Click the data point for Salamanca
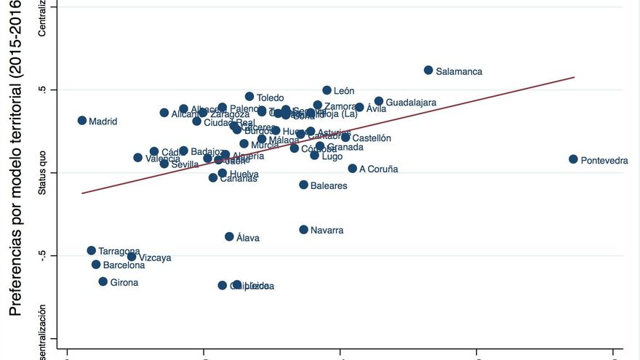click(x=428, y=71)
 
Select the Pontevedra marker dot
click(x=573, y=159)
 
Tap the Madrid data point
click(x=82, y=121)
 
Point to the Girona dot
click(x=103, y=281)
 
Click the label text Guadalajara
click(x=411, y=103)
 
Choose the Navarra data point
click(x=304, y=230)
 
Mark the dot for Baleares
click(x=304, y=185)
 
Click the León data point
click(x=327, y=90)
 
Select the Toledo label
click(x=270, y=97)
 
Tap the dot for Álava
click(x=230, y=236)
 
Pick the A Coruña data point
click(x=353, y=168)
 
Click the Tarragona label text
click(x=119, y=251)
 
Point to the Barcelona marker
click(x=96, y=265)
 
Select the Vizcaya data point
click(x=132, y=257)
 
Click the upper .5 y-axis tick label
click(x=43, y=89)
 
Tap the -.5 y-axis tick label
click(x=41, y=255)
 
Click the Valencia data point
click(x=138, y=158)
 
